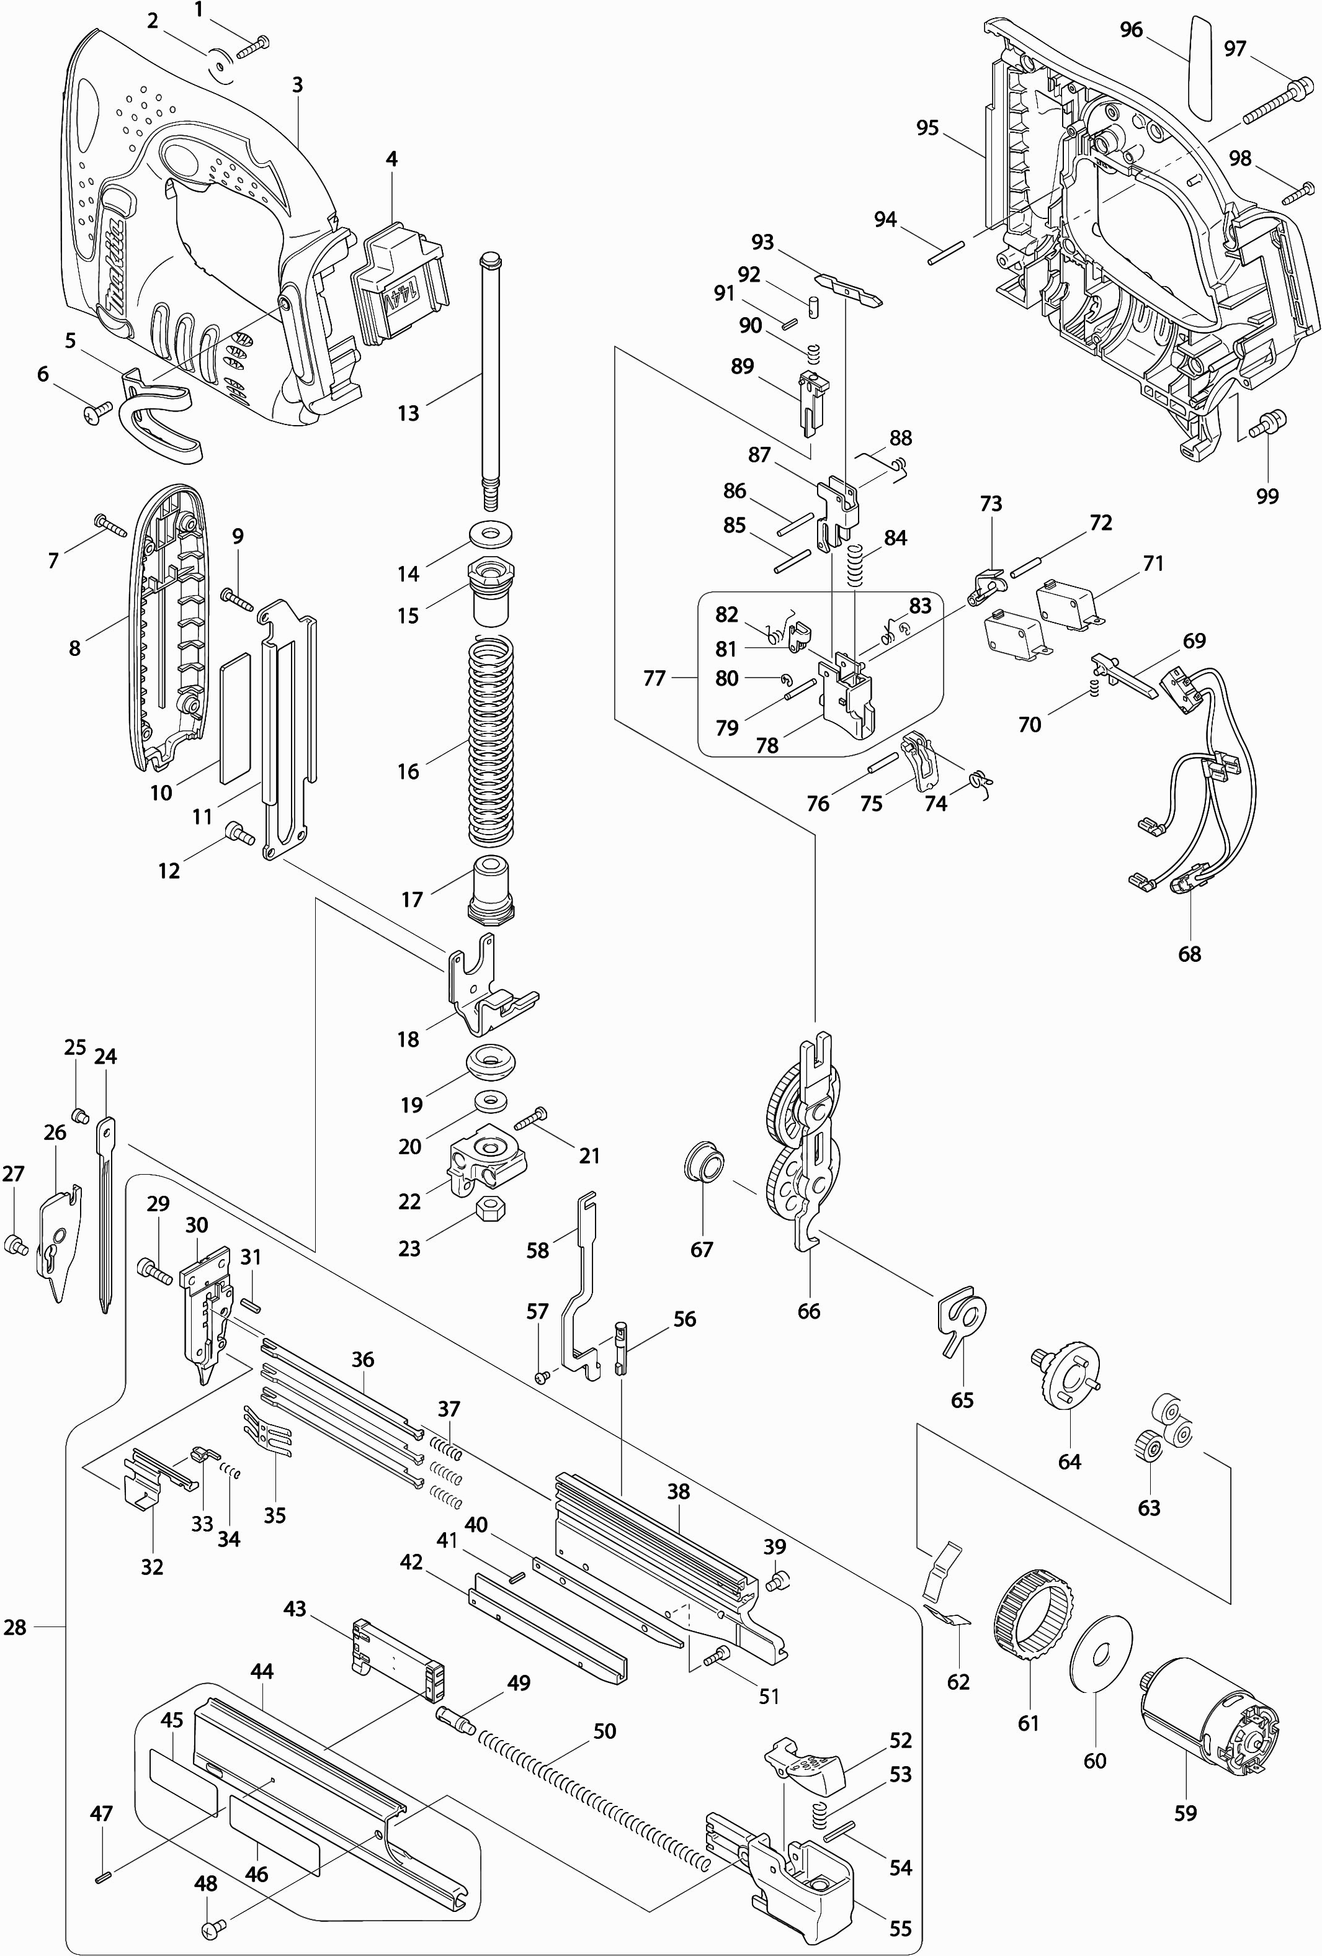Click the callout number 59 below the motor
click(1185, 1812)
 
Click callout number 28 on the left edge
click(15, 1627)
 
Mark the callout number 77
click(654, 678)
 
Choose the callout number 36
click(363, 1358)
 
